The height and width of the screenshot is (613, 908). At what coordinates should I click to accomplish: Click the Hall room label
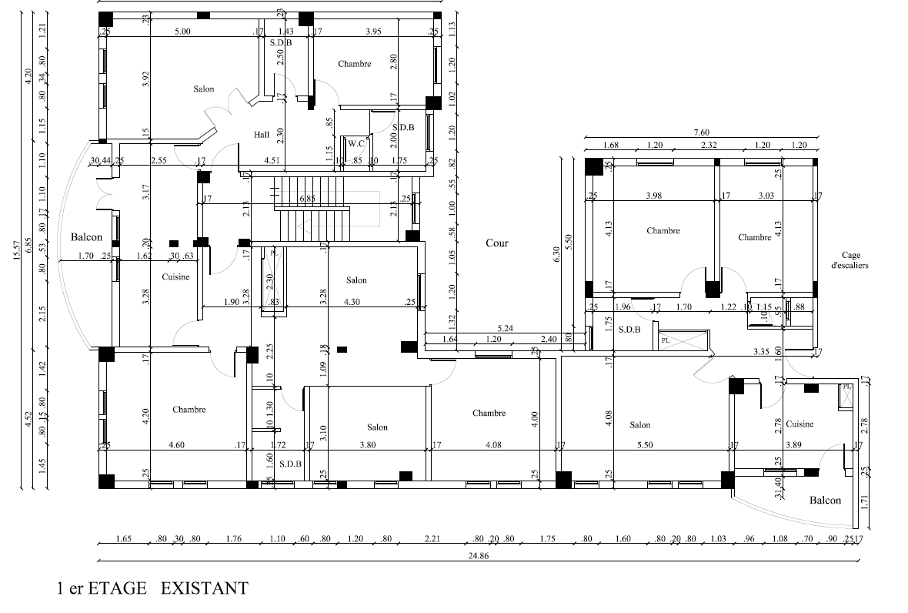(x=262, y=135)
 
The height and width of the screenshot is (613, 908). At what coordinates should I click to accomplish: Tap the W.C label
(x=355, y=143)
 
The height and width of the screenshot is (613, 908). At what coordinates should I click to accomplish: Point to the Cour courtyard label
(x=496, y=243)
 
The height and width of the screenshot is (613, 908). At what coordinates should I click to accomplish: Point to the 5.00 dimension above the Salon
(x=182, y=32)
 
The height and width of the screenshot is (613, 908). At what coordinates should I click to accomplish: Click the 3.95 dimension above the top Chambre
(x=372, y=32)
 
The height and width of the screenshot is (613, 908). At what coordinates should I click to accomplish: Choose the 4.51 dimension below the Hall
(x=272, y=161)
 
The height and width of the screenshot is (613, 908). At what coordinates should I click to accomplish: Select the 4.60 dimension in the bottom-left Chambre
(x=176, y=445)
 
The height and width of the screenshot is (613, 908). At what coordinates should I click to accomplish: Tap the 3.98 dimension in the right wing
(x=653, y=196)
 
